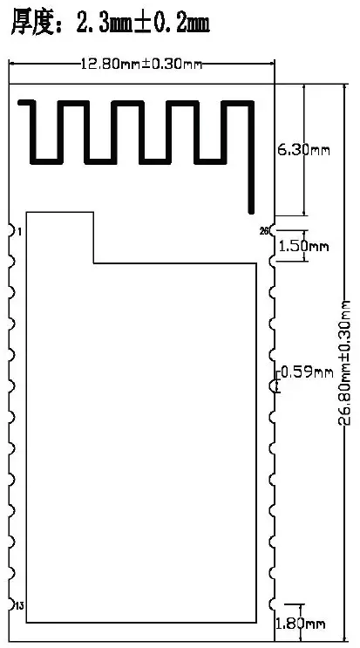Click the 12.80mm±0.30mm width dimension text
[141, 64]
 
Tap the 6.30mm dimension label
[303, 150]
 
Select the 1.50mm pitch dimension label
[304, 247]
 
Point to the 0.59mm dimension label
[307, 372]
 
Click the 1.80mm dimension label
[300, 624]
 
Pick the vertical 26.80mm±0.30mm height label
[344, 363]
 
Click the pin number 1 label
[19, 232]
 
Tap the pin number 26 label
[264, 231]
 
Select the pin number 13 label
[19, 606]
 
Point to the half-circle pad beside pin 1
[12, 230]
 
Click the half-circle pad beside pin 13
[12, 604]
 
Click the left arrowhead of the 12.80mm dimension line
[12, 64]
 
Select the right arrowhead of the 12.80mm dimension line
[271, 64]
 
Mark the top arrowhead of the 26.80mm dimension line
[344, 87]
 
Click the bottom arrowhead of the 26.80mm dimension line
[344, 638]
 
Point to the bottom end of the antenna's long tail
[251, 212]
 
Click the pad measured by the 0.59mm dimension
[272, 386]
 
